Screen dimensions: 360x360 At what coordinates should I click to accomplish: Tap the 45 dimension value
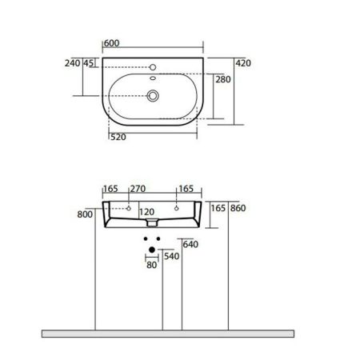(88, 63)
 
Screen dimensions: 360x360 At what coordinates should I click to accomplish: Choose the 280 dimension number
(224, 79)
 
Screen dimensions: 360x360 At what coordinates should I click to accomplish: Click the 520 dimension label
(119, 138)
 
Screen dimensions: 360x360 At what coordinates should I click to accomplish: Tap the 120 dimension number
(146, 213)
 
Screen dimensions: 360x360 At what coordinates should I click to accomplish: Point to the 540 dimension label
(171, 256)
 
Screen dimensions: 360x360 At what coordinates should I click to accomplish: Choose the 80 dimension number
(151, 266)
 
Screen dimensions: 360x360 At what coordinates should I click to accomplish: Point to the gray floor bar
(167, 332)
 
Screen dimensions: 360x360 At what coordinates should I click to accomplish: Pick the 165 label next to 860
(217, 208)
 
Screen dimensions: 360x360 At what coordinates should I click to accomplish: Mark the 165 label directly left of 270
(111, 190)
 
